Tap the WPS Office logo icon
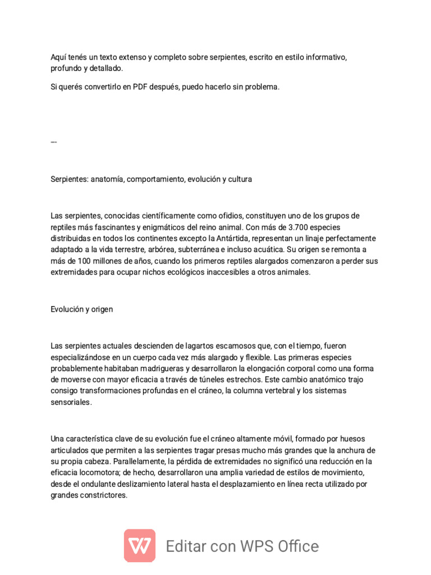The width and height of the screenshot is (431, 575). tap(140, 545)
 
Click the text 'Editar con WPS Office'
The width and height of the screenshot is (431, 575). tap(242, 546)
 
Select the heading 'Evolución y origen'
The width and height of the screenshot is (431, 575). tap(81, 309)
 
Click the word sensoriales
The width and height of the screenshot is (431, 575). tap(71, 403)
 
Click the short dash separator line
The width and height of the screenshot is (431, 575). tap(53, 142)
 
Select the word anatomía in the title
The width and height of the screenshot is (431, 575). tap(106, 179)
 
